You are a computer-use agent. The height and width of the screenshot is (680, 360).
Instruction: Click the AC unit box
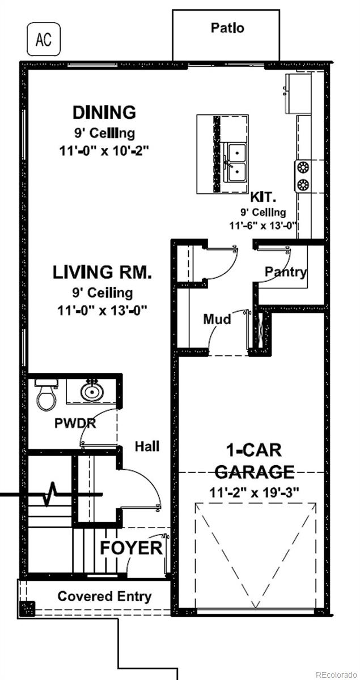44,39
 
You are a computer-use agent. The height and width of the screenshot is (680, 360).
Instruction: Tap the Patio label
227,28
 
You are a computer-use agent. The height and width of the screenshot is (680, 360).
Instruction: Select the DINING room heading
104,112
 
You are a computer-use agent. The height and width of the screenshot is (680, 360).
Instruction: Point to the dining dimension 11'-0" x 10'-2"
104,151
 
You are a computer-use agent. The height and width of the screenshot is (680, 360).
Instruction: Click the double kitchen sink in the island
236,163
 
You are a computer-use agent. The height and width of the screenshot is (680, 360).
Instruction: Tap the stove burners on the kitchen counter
303,176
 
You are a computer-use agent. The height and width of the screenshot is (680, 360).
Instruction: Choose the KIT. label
263,198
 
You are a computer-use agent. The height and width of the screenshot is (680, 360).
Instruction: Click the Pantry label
285,271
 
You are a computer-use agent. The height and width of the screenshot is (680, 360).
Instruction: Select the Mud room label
217,319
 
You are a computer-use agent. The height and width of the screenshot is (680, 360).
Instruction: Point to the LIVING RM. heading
102,272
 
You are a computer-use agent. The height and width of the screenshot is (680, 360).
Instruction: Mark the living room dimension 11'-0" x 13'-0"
103,311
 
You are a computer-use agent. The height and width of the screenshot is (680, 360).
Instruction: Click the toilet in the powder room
46,394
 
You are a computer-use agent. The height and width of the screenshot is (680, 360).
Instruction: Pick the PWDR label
75,423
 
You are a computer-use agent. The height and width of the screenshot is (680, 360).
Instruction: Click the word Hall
147,447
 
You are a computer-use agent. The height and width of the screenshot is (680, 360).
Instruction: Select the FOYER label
131,548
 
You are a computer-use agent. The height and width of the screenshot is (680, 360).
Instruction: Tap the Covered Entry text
104,596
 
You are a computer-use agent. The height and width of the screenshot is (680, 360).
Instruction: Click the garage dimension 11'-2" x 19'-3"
255,492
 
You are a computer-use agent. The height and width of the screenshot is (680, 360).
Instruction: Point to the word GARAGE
255,471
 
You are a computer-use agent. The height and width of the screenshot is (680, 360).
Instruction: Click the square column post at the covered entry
27,609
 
